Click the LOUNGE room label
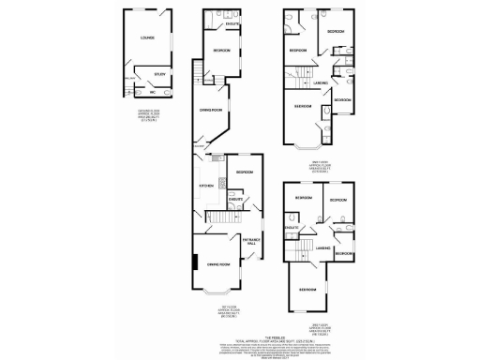click(146, 39)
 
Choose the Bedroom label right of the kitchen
click(244, 172)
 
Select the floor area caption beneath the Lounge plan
click(146, 117)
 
